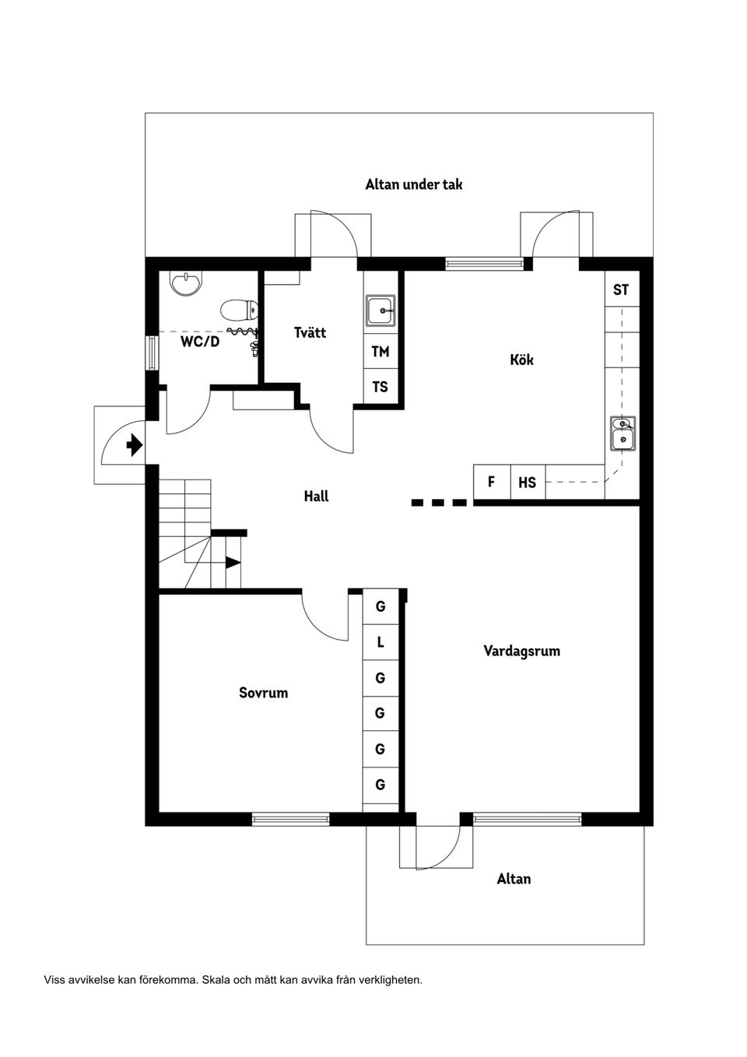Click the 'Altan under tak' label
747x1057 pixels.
(414, 184)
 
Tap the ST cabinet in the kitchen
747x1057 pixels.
(621, 290)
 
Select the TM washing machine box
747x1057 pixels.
(380, 352)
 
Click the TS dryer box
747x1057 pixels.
(380, 387)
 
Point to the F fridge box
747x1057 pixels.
(491, 482)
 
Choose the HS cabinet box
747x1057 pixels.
(527, 483)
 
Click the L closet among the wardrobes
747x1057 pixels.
(381, 643)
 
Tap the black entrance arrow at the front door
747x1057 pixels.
(134, 444)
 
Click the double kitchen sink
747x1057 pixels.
(622, 434)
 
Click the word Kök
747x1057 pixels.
(521, 360)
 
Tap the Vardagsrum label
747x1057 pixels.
(521, 651)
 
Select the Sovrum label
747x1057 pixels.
(263, 692)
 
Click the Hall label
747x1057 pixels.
(316, 496)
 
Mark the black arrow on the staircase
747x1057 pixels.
(233, 561)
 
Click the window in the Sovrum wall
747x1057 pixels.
(290, 818)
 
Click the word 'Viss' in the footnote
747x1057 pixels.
(55, 980)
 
